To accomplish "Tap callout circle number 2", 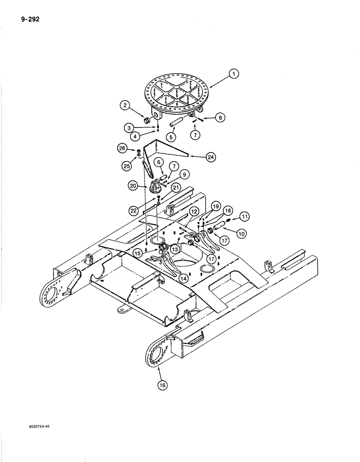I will [125, 106].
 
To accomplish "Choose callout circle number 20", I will [133, 185].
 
